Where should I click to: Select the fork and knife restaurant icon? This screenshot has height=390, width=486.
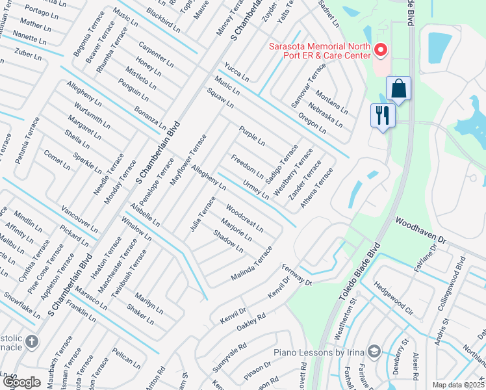click(x=381, y=116)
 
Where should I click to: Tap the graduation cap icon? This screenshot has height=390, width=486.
click(x=374, y=352)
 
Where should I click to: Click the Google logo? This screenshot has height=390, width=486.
click(x=21, y=382)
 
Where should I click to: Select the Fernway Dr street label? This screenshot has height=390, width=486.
click(x=297, y=275)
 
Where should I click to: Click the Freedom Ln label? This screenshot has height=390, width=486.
click(x=248, y=166)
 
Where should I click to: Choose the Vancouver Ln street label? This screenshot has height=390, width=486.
click(x=79, y=220)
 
